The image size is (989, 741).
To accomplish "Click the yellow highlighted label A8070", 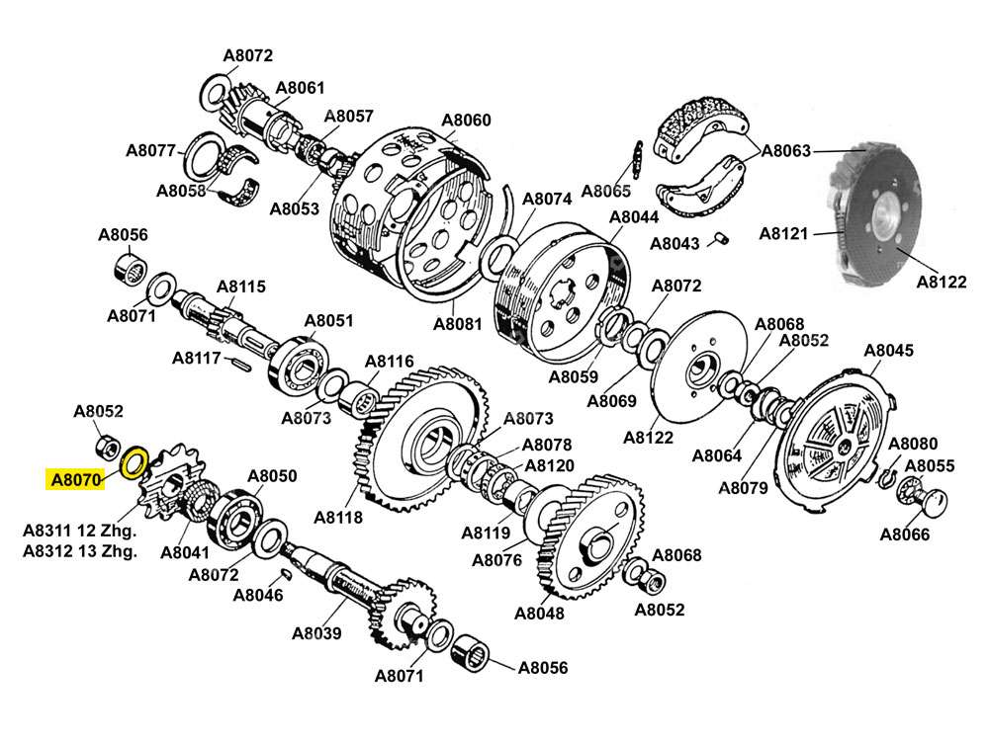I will click(75, 481).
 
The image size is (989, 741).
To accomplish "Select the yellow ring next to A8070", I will click(134, 460).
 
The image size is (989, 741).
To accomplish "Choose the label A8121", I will click(784, 234).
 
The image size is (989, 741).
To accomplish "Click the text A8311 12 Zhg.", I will click(80, 530).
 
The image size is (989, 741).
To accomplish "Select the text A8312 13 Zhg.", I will click(80, 550).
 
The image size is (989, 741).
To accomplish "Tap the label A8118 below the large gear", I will click(338, 517).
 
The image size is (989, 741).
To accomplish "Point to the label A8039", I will click(316, 633).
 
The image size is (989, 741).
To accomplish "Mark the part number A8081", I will click(457, 324).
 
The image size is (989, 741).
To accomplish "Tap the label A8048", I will click(539, 613).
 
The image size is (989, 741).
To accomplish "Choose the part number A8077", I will click(150, 151).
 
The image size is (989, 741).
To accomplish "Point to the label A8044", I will click(634, 217).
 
